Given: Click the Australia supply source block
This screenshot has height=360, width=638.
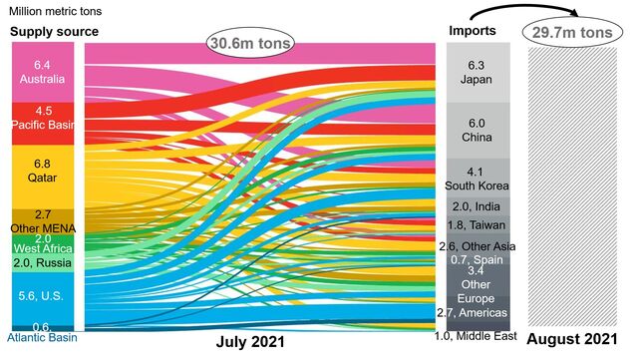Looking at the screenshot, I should [41, 71].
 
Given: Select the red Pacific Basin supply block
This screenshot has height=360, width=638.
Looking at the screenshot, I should [41, 118].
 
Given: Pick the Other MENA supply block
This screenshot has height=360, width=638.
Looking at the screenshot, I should [41, 220].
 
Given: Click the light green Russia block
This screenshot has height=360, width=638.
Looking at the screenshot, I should [41, 263].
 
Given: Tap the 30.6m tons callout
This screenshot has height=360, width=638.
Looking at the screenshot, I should [251, 42].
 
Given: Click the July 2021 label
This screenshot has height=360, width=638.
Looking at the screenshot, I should [250, 341].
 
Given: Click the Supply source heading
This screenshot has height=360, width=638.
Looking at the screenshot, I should [54, 32].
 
